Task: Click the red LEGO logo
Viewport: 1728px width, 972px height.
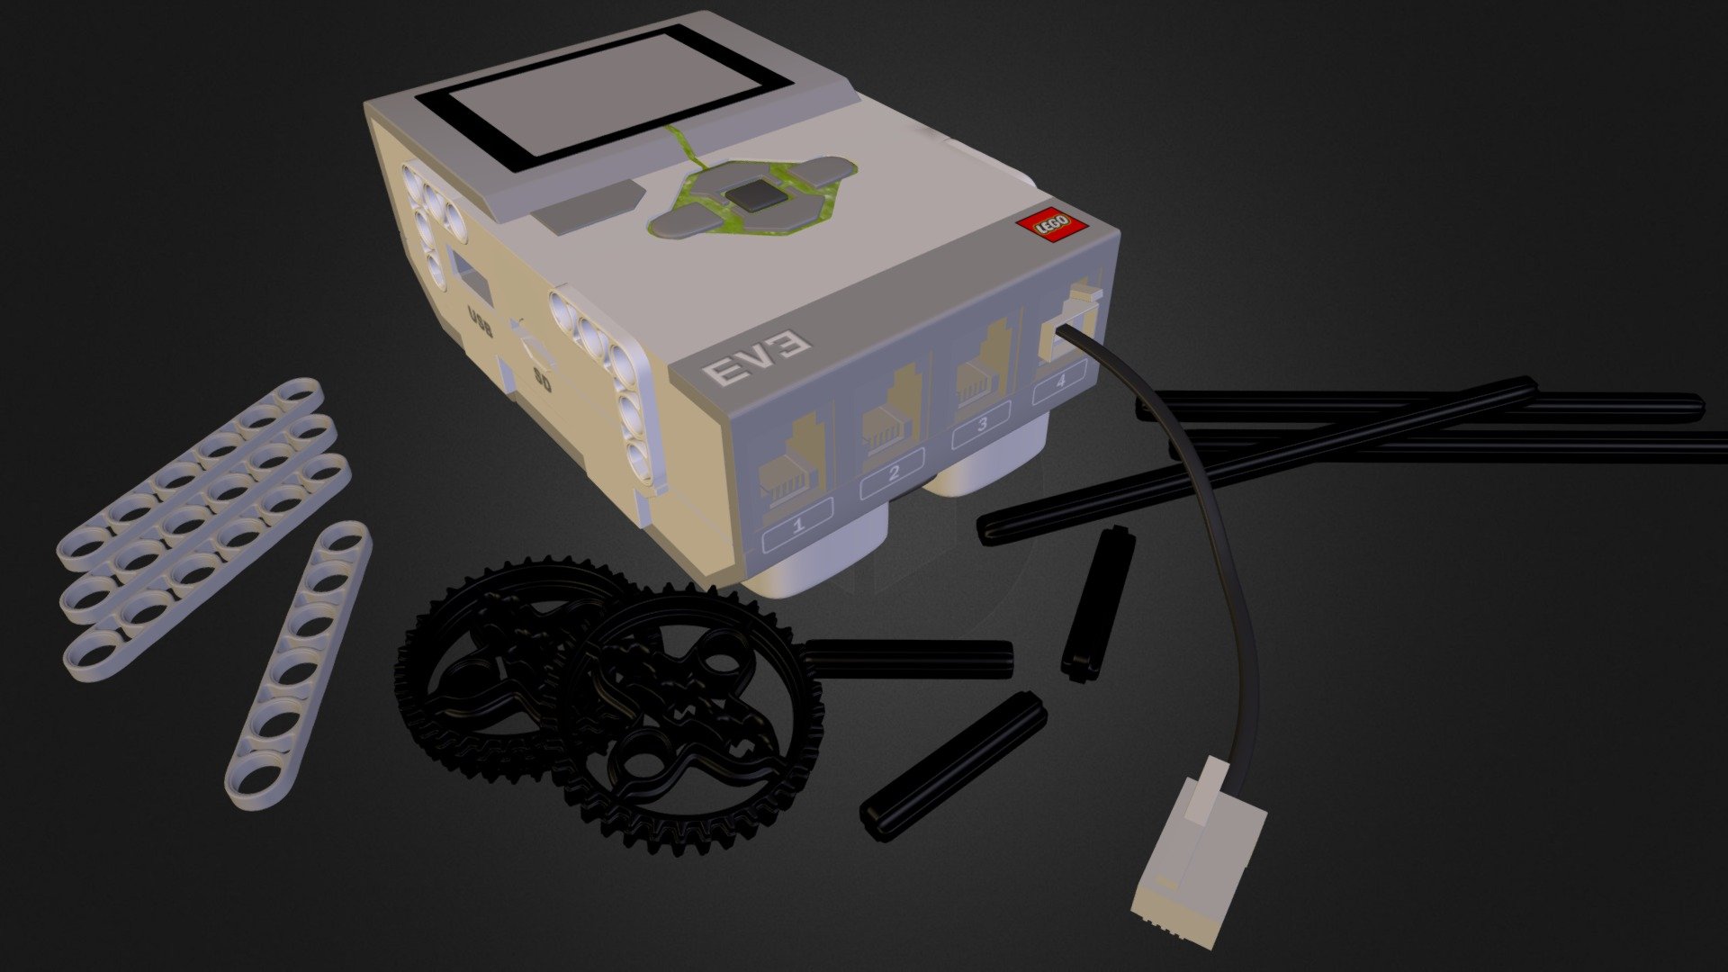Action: [x=1052, y=226]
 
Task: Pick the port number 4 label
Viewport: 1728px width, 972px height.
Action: [x=1059, y=382]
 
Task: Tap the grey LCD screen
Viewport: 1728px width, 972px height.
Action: [x=600, y=93]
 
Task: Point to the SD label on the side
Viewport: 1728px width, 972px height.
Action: [x=543, y=379]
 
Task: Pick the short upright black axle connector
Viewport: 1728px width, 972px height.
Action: [x=1098, y=601]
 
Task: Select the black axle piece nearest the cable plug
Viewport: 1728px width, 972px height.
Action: [x=954, y=764]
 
